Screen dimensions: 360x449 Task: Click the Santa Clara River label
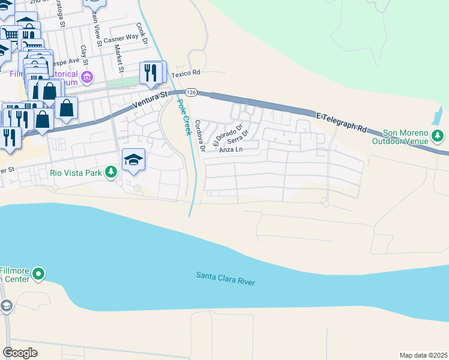(x=226, y=278)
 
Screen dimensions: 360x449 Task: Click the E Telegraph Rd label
(x=340, y=121)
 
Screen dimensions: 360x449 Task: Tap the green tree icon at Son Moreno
(x=438, y=136)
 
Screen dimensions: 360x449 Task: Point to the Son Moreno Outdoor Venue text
(x=406, y=137)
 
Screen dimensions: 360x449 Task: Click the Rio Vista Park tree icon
(x=110, y=172)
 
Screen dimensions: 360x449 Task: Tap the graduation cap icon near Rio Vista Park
(x=134, y=160)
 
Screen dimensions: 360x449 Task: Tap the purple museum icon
(x=88, y=77)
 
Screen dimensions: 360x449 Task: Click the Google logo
(x=20, y=353)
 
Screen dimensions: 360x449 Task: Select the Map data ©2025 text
(x=423, y=355)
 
